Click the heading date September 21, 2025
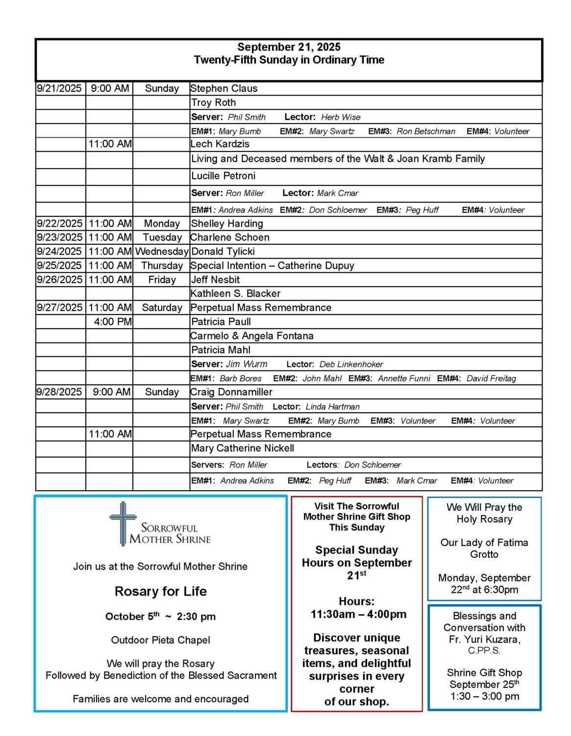coord(289,47)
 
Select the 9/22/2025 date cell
coord(60,224)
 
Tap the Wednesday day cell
coord(162,252)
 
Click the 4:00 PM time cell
coord(113,322)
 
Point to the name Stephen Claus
coord(224,89)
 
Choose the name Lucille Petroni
coord(223,176)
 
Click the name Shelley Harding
coord(227,224)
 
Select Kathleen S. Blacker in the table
coord(236,294)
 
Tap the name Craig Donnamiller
coord(231,393)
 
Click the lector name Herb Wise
coord(341,117)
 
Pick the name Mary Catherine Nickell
coord(243,448)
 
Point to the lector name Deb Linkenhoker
coord(351,365)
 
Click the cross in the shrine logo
coord(123,522)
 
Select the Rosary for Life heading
coord(161,591)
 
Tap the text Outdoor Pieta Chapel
coord(161,640)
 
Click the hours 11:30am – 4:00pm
coord(358,614)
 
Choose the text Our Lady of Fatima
coord(484,543)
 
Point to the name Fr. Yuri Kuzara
coord(484,640)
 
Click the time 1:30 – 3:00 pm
coord(484,696)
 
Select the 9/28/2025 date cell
coord(59,393)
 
